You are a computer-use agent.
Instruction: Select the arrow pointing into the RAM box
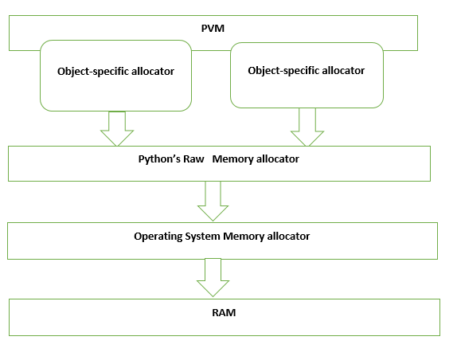tap(213, 277)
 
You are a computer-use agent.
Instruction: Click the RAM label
tap(224, 312)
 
